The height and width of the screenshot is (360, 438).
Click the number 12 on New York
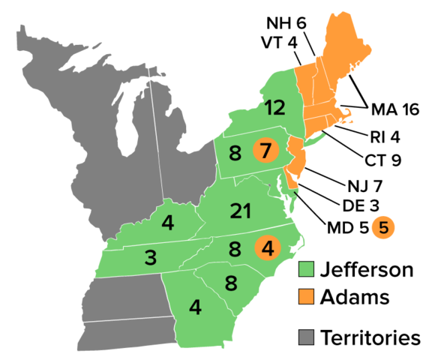point(274,108)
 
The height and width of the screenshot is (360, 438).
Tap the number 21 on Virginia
point(241,211)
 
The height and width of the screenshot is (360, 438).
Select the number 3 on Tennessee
point(151,258)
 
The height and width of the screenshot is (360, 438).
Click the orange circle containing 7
point(265,151)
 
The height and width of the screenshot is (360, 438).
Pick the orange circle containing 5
point(383,227)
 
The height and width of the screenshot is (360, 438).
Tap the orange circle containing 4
point(267,247)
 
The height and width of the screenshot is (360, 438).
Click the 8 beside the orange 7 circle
point(235,154)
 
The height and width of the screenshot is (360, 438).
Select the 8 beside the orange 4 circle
point(235,249)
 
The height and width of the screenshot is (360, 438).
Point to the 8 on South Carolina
point(231,283)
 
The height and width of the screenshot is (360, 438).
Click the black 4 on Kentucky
point(168,223)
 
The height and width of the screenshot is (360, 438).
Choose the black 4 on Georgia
point(195,307)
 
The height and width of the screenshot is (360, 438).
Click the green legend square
point(306,268)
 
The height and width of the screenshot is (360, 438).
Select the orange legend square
point(306,296)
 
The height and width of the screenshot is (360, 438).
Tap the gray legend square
point(306,337)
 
